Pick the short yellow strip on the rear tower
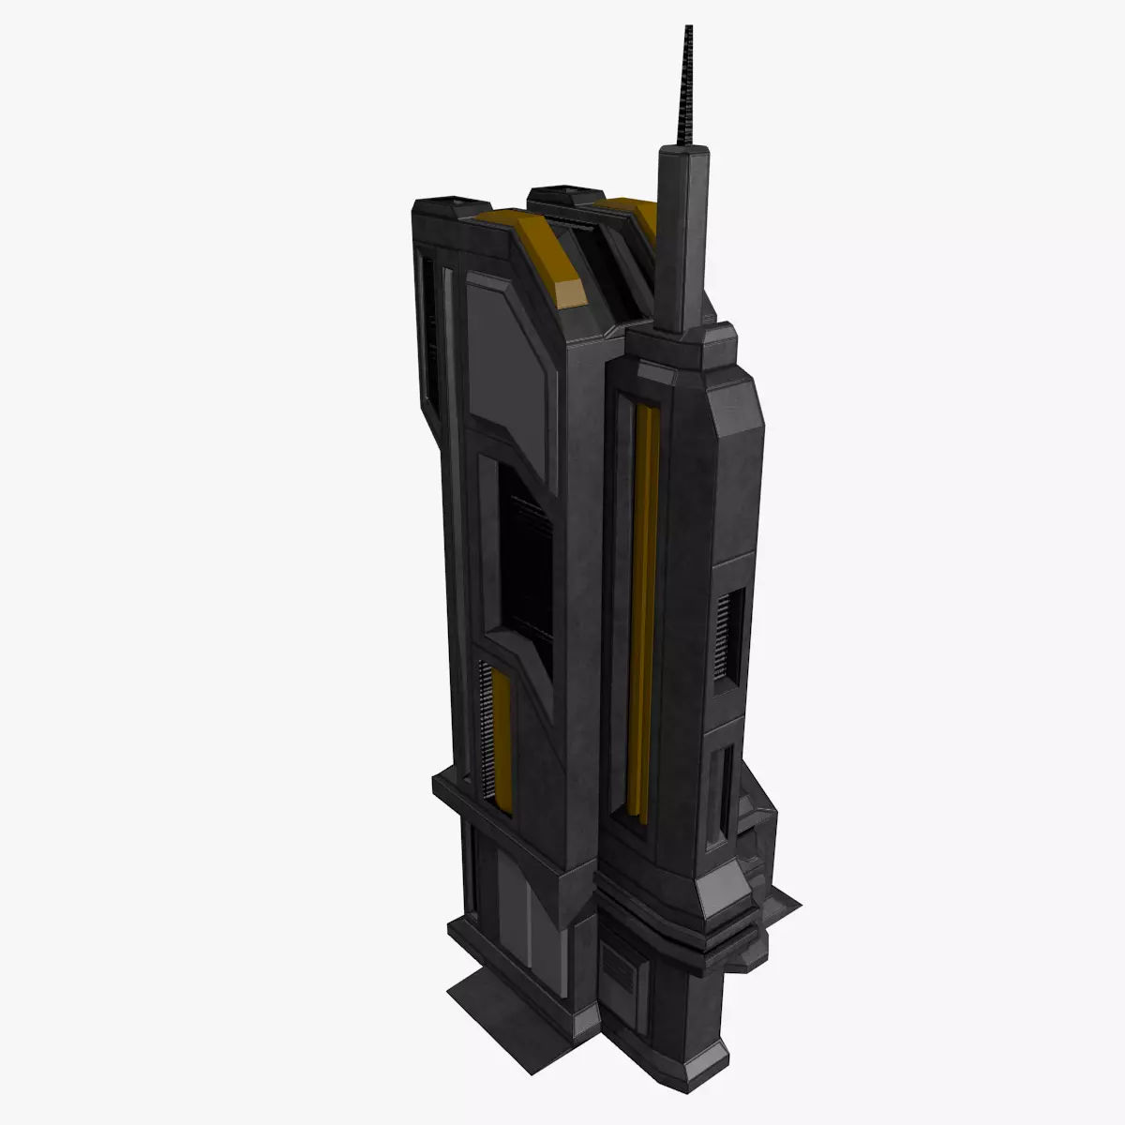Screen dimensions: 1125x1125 [502, 741]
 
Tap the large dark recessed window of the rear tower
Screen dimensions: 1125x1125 [525, 562]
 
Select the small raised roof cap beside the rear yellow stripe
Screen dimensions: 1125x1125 [558, 197]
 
